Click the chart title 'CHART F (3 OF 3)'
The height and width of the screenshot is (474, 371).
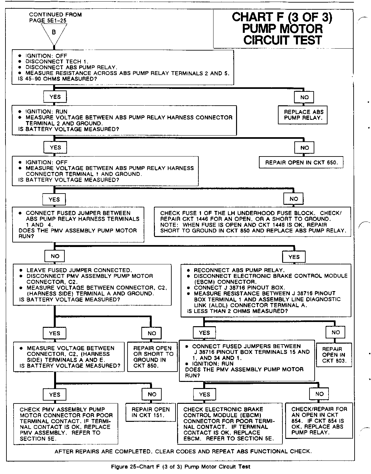(x=282, y=17)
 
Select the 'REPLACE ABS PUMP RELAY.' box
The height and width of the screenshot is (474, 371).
(x=303, y=115)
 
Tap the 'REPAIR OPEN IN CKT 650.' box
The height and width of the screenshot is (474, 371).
(x=301, y=163)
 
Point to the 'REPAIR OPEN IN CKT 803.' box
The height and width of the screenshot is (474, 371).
(x=334, y=355)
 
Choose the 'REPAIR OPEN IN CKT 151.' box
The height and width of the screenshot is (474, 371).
(x=150, y=412)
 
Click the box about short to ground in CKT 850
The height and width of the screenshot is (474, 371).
(x=153, y=357)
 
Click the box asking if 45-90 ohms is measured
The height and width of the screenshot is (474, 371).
(x=122, y=67)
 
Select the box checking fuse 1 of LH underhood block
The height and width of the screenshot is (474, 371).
(x=252, y=222)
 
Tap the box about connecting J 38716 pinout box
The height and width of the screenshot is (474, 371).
(x=266, y=290)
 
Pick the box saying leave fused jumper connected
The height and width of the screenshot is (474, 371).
(x=92, y=285)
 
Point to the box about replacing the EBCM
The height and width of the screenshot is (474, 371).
(x=229, y=423)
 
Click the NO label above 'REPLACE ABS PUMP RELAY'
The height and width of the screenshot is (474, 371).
(x=304, y=97)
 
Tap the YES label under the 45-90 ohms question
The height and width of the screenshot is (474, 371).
(x=55, y=97)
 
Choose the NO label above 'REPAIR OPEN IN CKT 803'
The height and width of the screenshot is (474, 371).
(x=335, y=332)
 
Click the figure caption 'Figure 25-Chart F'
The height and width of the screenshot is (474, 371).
(x=180, y=466)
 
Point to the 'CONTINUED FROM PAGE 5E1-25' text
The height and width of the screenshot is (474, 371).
(x=55, y=17)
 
